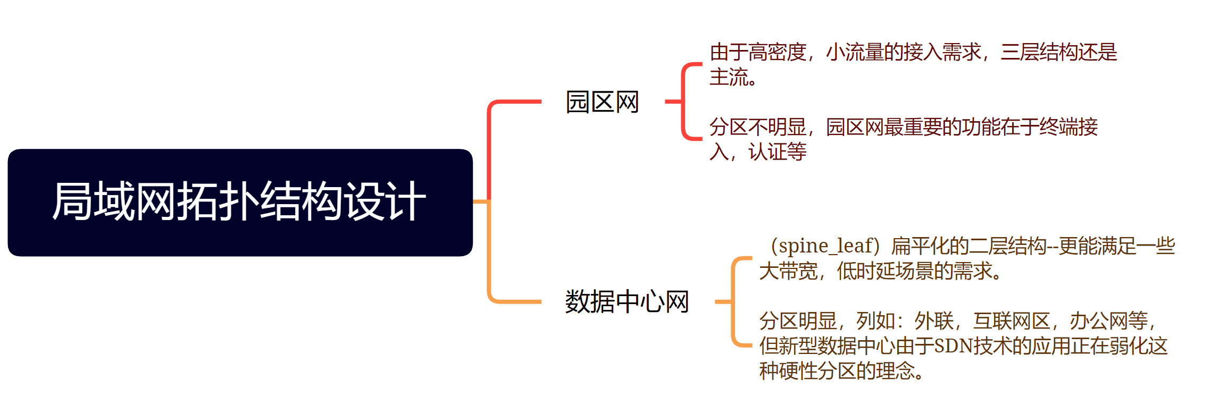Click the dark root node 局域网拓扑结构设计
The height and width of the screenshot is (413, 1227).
(239, 202)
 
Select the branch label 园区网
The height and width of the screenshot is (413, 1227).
(602, 102)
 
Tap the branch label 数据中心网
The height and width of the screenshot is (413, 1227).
(627, 302)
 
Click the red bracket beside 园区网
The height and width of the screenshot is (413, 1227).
(683, 101)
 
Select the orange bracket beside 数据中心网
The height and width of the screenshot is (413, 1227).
(733, 302)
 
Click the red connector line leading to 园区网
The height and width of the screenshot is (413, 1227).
(511, 102)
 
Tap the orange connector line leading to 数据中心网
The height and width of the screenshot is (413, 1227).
(511, 301)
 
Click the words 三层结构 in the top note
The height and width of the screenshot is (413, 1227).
(1039, 52)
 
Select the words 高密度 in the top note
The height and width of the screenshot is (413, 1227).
(778, 52)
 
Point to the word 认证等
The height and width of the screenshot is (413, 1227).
(778, 152)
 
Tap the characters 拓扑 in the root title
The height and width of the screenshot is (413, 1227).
(218, 202)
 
